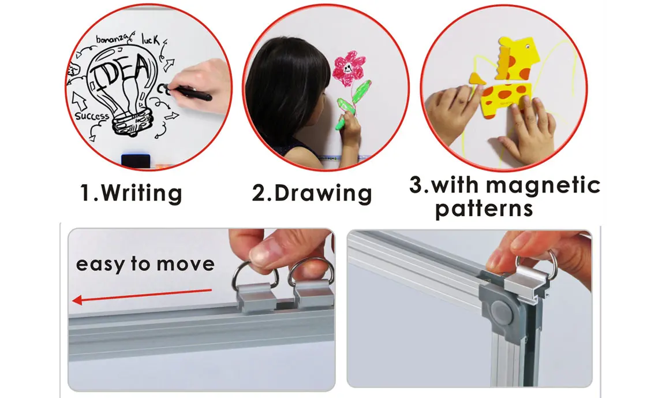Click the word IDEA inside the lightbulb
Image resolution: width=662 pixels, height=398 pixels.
tap(122, 73)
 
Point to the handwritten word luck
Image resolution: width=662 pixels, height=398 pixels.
tap(151, 39)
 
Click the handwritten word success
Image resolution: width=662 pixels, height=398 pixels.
tap(92, 116)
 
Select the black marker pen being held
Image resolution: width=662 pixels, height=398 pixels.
tap(189, 92)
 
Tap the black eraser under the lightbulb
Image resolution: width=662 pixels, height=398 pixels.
tap(136, 160)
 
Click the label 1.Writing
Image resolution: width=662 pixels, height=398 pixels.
tap(131, 193)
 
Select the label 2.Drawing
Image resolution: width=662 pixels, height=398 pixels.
tap(312, 193)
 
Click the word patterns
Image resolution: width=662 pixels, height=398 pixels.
tap(484, 209)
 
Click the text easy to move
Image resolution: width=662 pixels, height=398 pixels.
tap(145, 263)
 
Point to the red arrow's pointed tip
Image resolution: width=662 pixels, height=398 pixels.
tap(73, 300)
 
